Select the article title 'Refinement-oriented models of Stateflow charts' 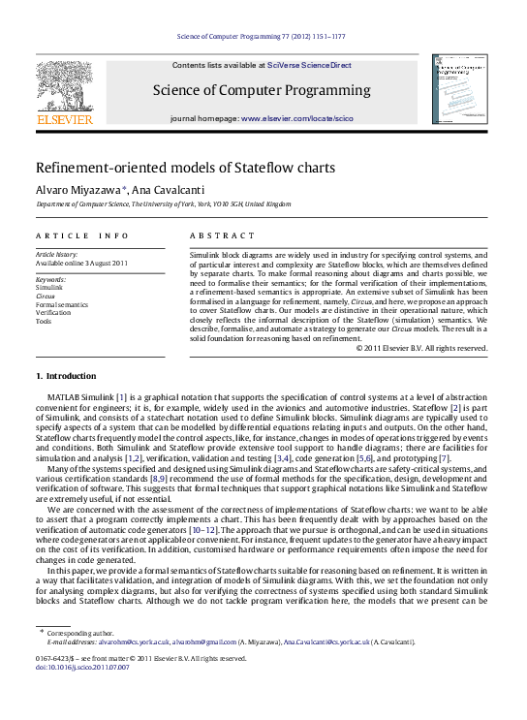pos(186,167)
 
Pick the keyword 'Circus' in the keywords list pos(46,297)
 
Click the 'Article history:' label pos(54,254)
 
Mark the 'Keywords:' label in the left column pos(50,279)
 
